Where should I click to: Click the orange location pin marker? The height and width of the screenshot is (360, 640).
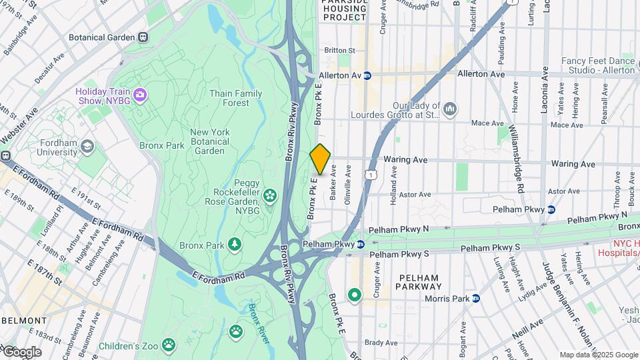pos(320,159)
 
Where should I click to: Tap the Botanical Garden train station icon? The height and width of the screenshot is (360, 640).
pos(143,37)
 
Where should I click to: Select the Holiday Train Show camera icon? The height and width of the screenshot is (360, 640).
pos(139,95)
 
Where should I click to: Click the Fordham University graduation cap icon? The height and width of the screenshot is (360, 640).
pos(87,146)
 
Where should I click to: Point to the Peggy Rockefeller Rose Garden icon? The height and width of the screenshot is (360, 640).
pos(270,195)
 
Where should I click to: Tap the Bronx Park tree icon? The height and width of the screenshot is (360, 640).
pos(235,245)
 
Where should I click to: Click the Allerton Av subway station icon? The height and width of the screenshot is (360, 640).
pos(367,75)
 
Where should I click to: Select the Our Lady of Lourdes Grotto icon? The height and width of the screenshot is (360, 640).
pos(450,108)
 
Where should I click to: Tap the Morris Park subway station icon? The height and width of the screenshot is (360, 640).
pos(476,298)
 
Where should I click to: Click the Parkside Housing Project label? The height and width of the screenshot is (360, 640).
pos(344,10)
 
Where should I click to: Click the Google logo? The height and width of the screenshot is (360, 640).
pos(21,351)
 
